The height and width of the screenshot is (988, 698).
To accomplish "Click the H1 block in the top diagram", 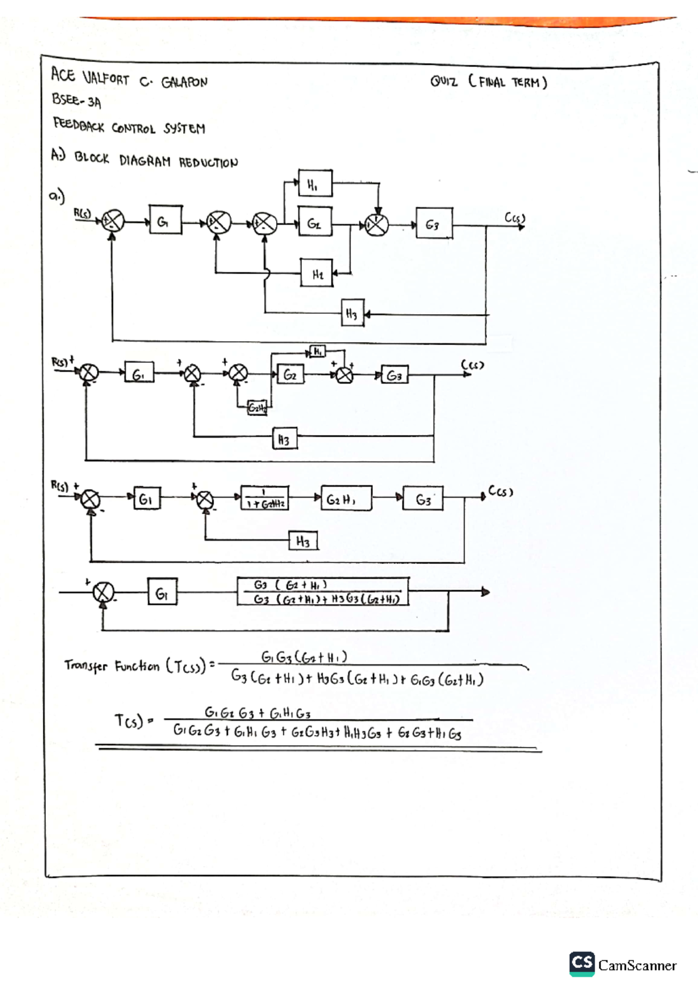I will click(315, 184).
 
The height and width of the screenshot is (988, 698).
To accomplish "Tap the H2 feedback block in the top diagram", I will click(317, 273).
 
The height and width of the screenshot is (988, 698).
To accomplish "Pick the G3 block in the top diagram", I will click(434, 223).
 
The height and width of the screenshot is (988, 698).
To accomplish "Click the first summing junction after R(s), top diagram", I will click(113, 221).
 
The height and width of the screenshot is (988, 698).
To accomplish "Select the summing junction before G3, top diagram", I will click(377, 225).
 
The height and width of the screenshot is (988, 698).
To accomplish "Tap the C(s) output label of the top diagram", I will click(514, 218).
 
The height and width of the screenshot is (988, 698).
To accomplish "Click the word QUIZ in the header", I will click(444, 81).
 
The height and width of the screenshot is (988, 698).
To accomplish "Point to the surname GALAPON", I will click(184, 82).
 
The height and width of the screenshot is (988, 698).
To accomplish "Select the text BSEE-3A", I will click(76, 101).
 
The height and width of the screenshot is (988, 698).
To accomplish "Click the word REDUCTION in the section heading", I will click(208, 162).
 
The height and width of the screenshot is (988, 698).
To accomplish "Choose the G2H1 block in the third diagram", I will click(346, 499).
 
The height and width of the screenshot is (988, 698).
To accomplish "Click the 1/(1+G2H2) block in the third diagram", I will click(265, 499).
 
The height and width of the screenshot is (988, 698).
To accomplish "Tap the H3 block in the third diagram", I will click(303, 541).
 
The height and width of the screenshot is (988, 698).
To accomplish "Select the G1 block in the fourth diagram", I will click(162, 592).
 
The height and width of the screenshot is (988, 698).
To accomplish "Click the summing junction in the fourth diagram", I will click(104, 592).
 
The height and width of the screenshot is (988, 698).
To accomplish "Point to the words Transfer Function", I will click(112, 665).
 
